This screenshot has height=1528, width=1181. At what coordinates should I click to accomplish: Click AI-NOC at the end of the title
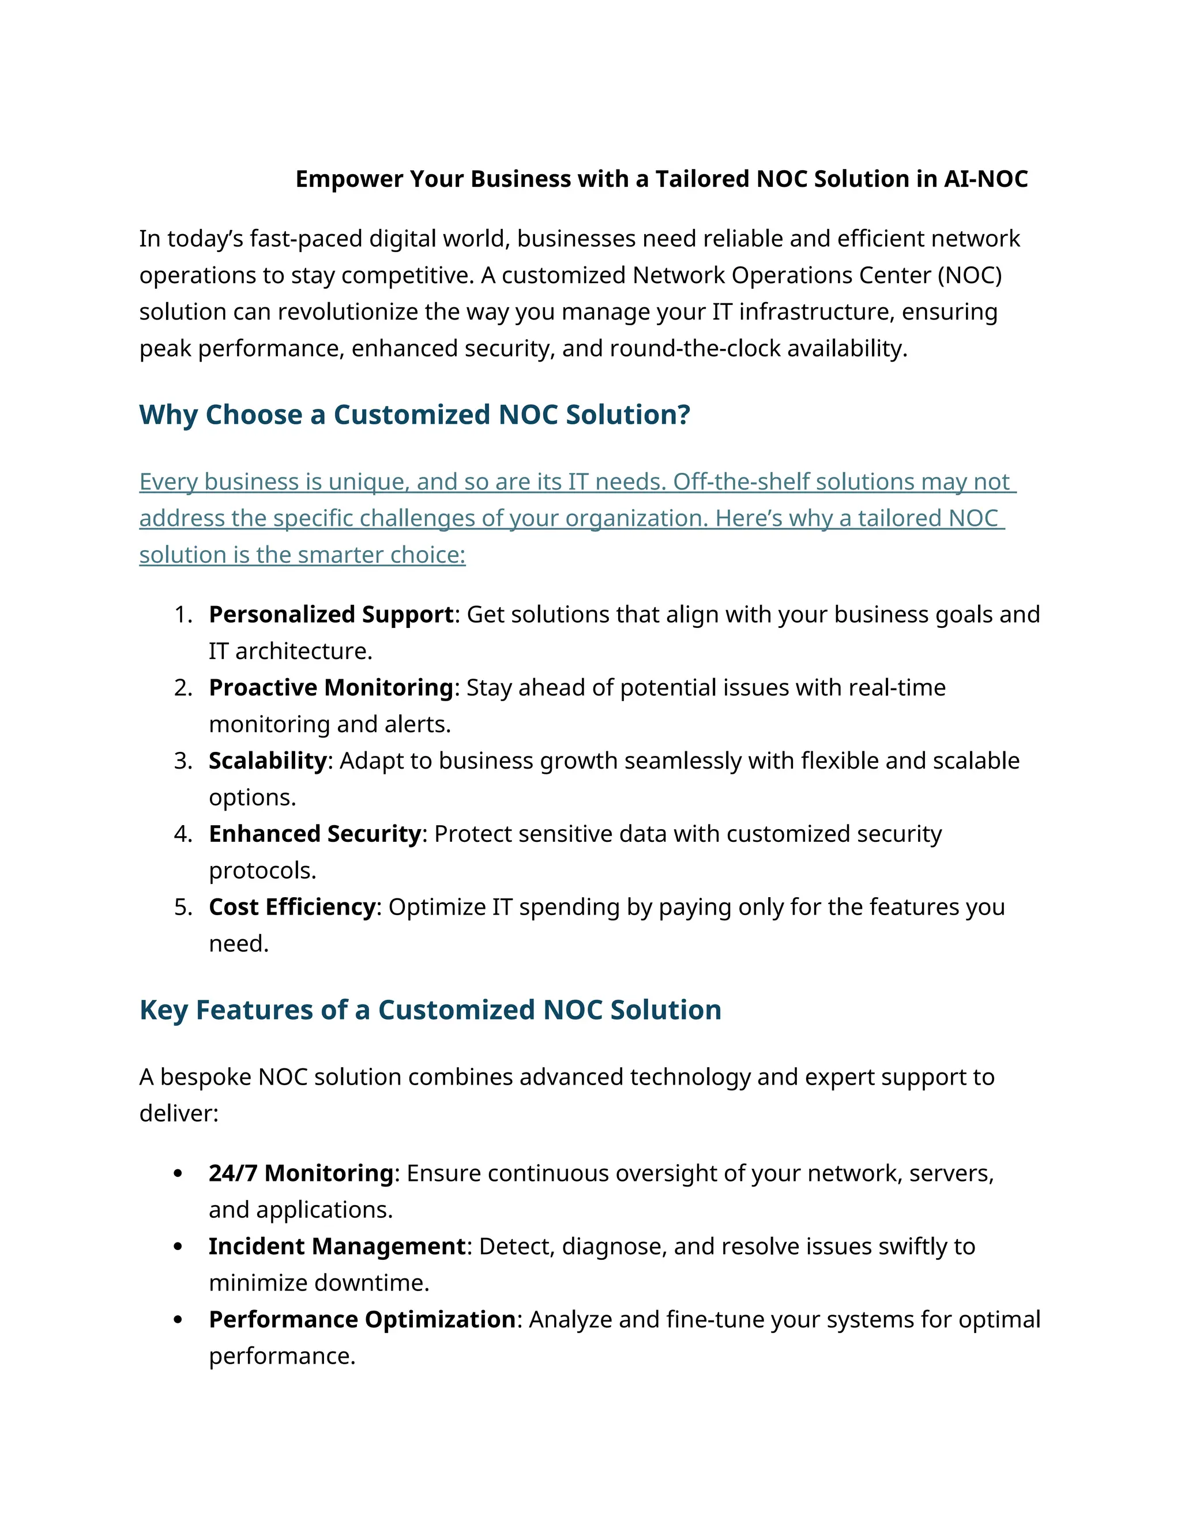(x=985, y=179)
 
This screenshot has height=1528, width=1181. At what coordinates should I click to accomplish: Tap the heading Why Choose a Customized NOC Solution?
(x=414, y=415)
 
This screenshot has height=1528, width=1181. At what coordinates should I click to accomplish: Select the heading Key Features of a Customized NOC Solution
(x=430, y=1010)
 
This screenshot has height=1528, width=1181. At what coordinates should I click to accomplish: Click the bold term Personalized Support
(x=331, y=614)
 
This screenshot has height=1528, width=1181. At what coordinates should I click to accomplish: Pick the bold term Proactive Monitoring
(x=331, y=688)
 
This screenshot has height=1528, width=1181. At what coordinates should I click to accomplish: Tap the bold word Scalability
(x=267, y=761)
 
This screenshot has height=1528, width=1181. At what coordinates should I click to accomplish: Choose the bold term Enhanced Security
(x=315, y=834)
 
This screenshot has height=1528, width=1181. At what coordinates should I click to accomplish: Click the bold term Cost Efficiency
(x=292, y=907)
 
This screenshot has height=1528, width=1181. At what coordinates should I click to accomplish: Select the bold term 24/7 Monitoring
(x=301, y=1173)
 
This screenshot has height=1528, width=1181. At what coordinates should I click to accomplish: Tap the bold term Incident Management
(x=337, y=1246)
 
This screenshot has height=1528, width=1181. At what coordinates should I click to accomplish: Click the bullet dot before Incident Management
(x=178, y=1247)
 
